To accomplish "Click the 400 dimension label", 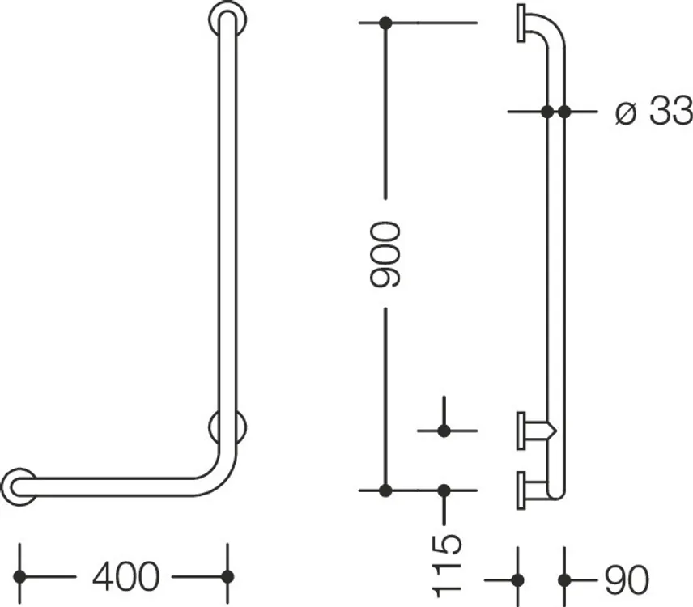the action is pyautogui.click(x=125, y=576).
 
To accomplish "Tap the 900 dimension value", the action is pyautogui.click(x=385, y=254).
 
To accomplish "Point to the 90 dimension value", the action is pyautogui.click(x=627, y=579).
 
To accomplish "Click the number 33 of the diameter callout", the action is pyautogui.click(x=670, y=110).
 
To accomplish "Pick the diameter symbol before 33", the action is pyautogui.click(x=626, y=113).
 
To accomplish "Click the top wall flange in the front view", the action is pyautogui.click(x=227, y=18).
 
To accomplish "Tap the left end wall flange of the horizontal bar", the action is pyautogui.click(x=19, y=487).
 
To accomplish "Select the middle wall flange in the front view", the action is pyautogui.click(x=227, y=427).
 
